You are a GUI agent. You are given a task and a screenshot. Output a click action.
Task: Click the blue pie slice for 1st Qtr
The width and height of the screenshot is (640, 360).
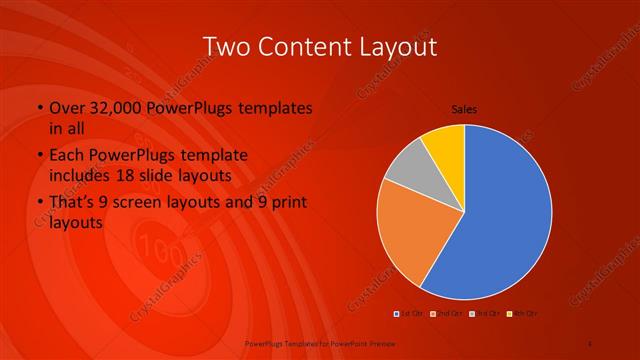coord(510,220)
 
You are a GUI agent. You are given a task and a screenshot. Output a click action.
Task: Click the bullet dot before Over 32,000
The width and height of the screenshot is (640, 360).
coord(39,108)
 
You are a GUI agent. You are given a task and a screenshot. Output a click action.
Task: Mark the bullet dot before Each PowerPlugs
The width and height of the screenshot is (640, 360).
coord(39,156)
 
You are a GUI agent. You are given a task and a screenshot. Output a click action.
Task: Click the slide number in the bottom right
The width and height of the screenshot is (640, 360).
coord(590,341)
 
